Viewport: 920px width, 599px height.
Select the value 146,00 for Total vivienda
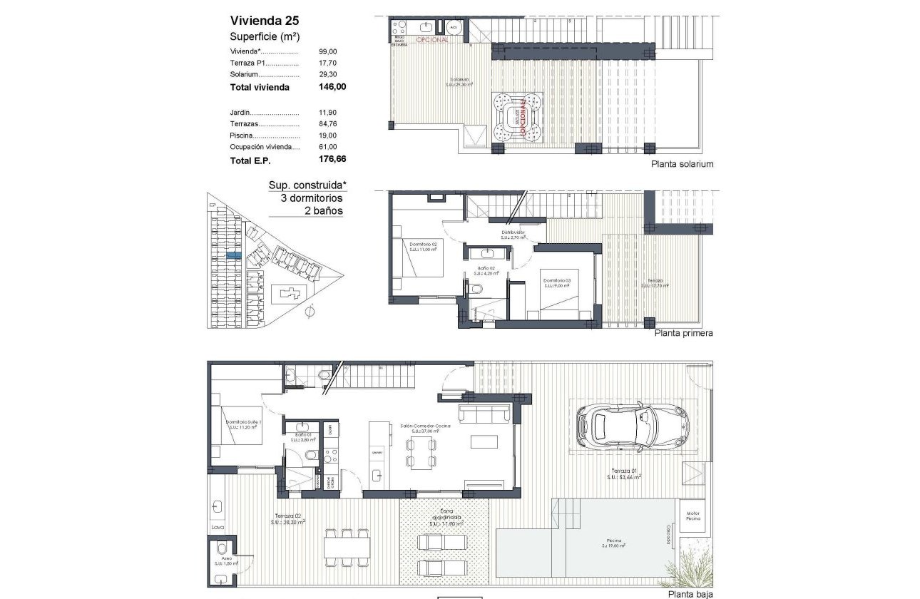(x=332, y=87)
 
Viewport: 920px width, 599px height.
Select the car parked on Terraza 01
(x=632, y=426)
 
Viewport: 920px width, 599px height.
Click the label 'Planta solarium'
(x=682, y=164)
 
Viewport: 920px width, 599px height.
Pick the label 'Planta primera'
(x=683, y=333)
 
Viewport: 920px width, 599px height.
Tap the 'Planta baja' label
(x=689, y=593)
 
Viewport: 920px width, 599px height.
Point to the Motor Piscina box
(x=692, y=516)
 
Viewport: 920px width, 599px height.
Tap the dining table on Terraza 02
(x=346, y=547)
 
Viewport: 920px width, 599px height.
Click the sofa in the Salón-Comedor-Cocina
(x=484, y=414)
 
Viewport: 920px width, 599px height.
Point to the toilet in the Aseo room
(x=221, y=549)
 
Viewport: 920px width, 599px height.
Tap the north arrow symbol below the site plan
(x=310, y=312)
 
